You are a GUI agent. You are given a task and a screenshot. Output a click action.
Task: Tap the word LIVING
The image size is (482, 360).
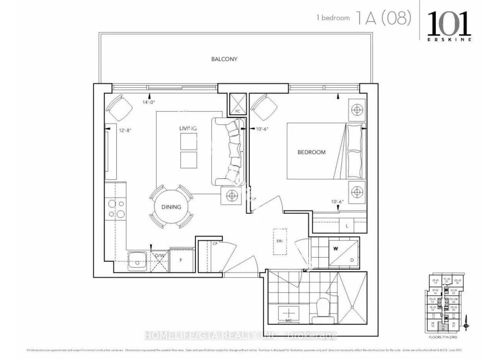point(188,128)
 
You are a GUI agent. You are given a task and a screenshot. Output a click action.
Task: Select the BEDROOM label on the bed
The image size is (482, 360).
point(311,152)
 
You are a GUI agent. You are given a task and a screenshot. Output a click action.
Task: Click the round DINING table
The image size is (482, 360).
point(171,207)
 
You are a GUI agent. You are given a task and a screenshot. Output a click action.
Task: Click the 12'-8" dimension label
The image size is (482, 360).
point(125,130)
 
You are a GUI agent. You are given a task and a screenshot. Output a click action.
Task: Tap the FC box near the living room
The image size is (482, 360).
point(238,104)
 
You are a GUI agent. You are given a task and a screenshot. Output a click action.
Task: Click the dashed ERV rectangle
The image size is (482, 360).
point(280,241)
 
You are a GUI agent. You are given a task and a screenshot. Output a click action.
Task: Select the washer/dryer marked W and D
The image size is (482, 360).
point(343,253)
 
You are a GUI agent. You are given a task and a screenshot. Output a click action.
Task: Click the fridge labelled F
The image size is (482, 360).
point(181,261)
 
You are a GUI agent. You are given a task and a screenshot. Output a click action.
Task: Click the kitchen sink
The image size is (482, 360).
point(137,261)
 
